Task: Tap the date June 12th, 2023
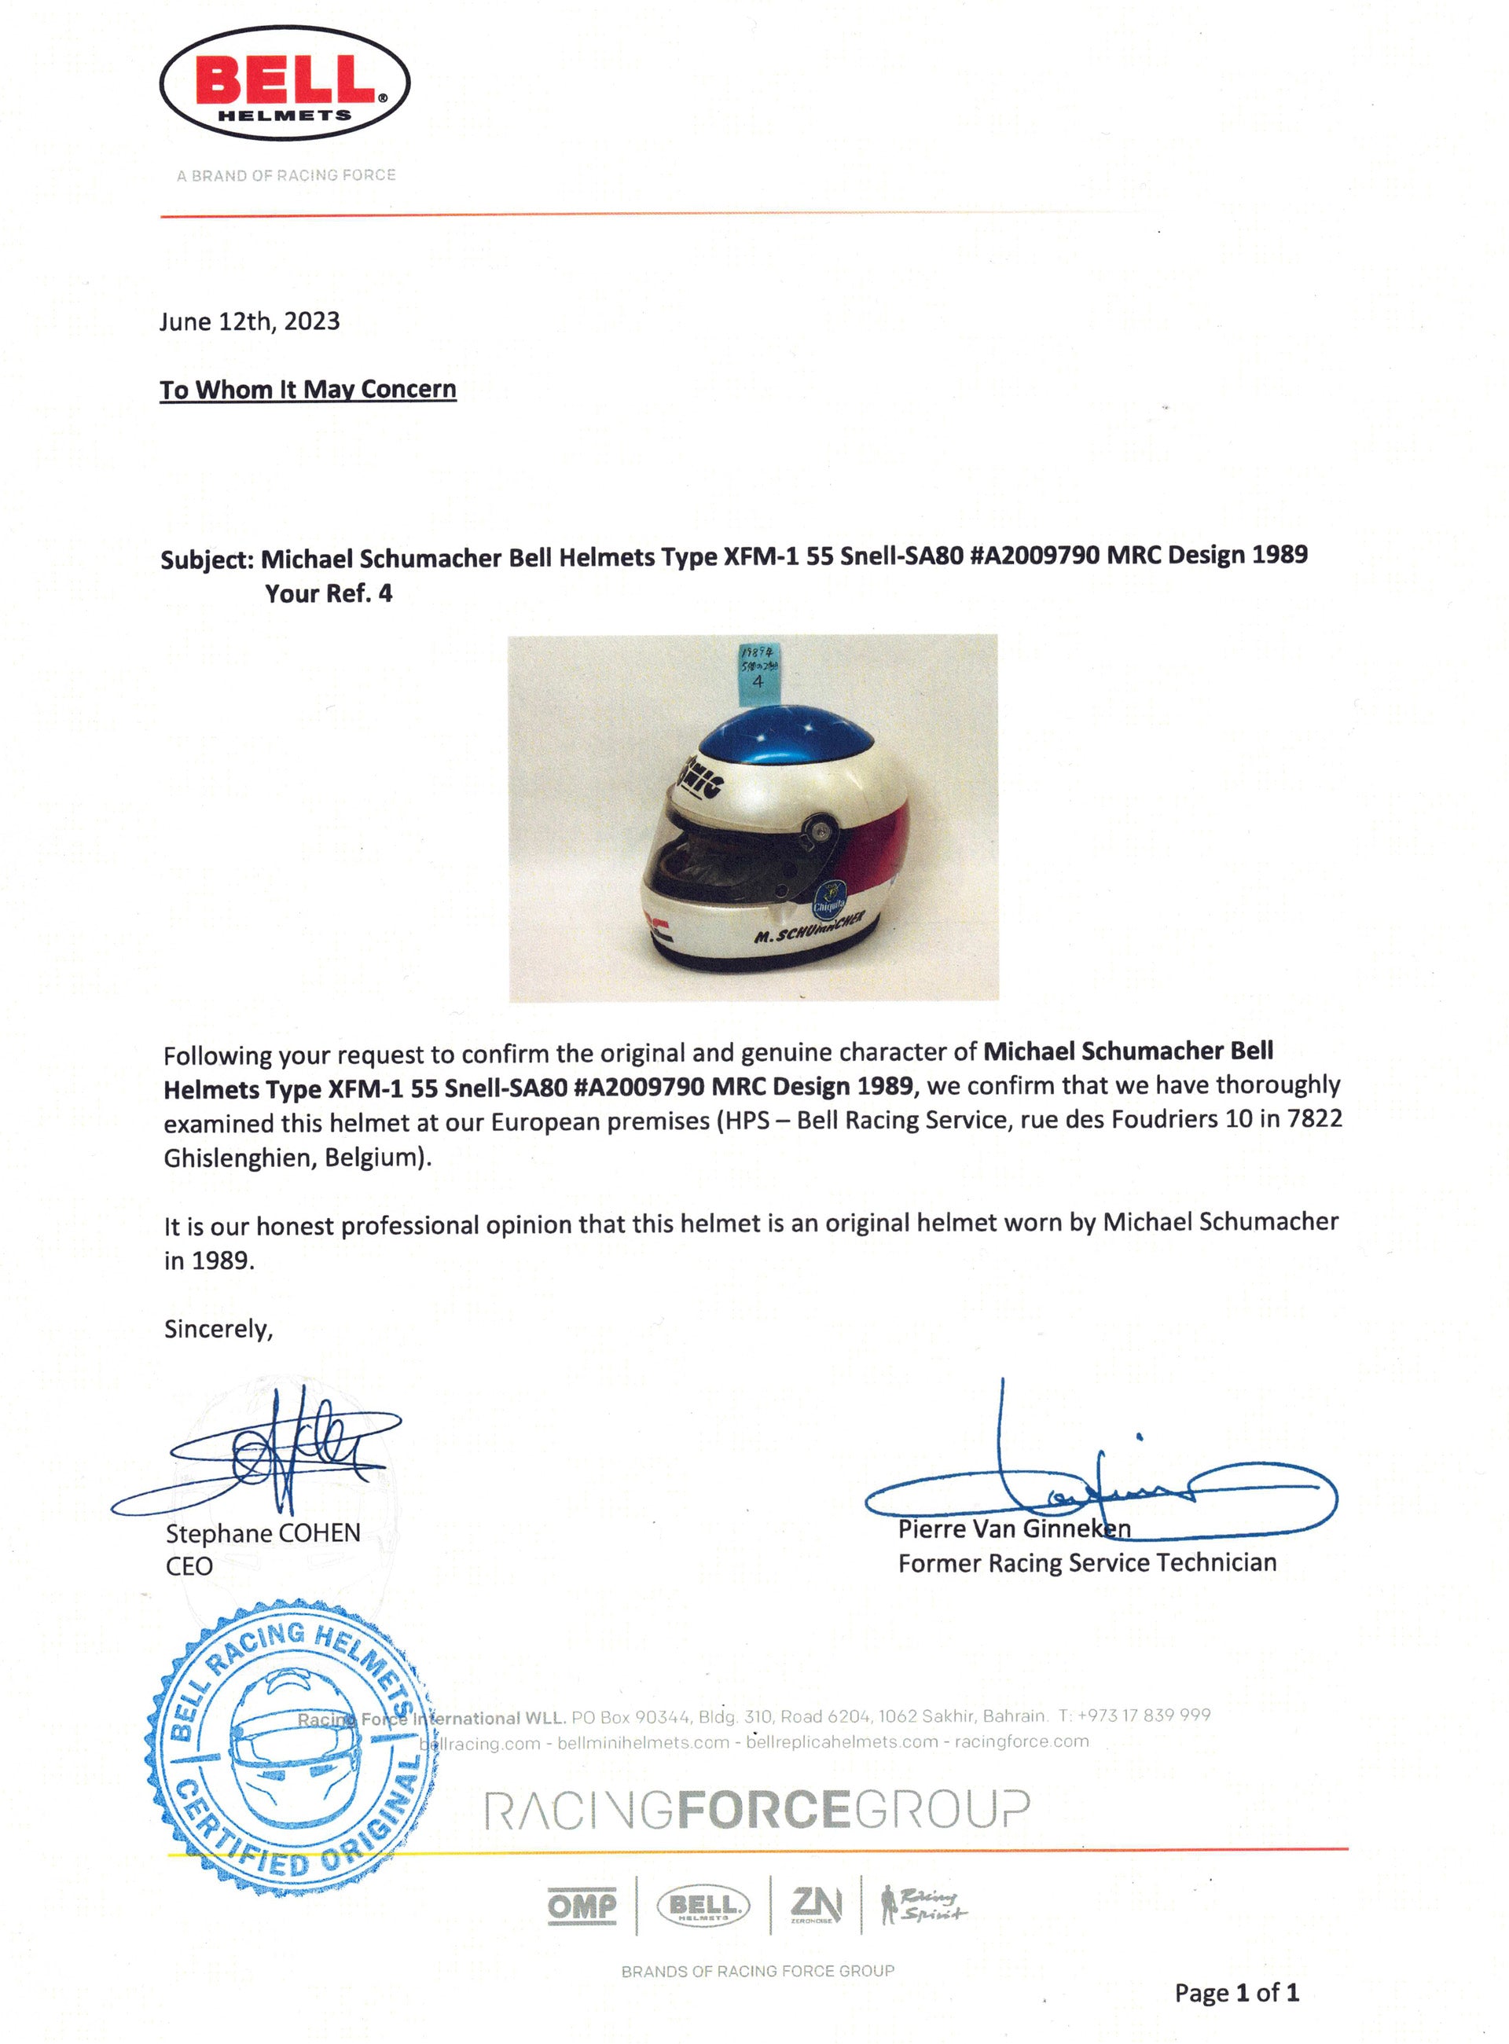click(249, 321)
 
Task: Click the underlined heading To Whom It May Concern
click(308, 390)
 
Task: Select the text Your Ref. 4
click(328, 593)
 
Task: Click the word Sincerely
click(218, 1329)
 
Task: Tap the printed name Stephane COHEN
click(263, 1533)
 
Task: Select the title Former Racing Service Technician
click(1087, 1564)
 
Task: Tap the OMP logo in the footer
click(582, 1906)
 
